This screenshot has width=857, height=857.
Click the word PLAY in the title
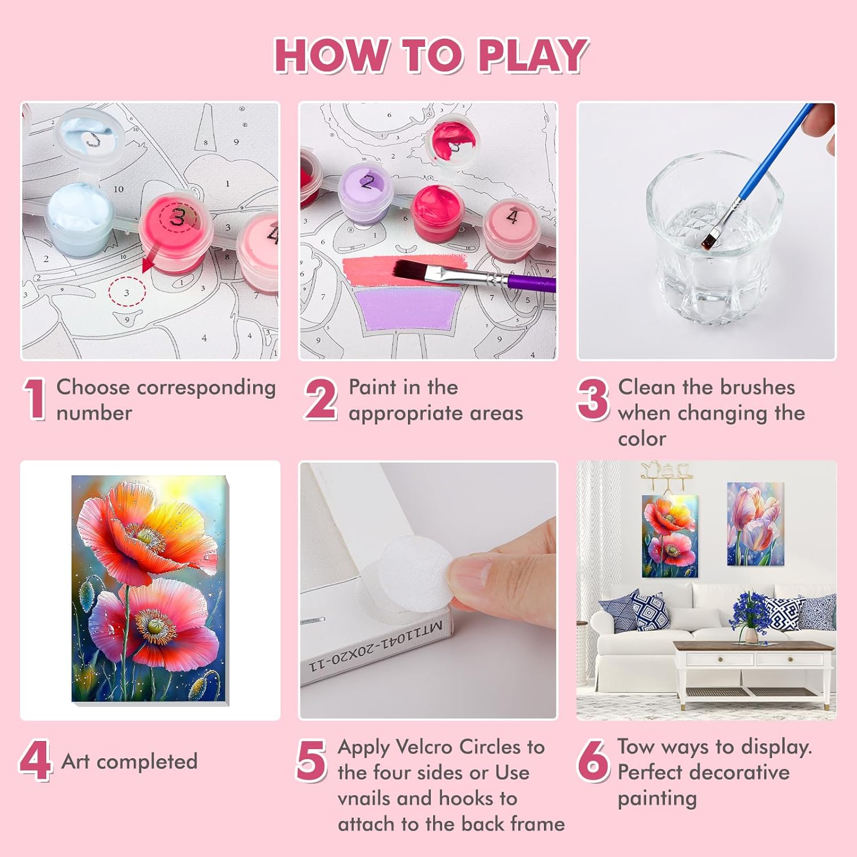tap(532, 55)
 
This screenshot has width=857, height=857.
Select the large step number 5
tap(311, 760)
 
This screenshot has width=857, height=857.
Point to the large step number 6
tap(593, 760)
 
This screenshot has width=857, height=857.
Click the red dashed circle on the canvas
tap(127, 292)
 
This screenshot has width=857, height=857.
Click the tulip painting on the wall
tap(755, 524)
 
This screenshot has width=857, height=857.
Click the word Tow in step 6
tap(636, 746)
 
